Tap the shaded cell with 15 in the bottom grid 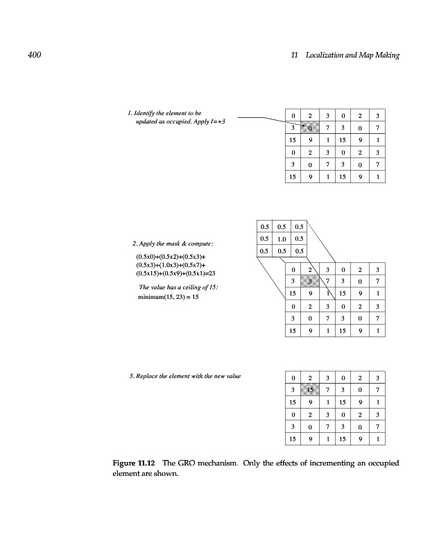311,391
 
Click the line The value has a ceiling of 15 169,287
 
